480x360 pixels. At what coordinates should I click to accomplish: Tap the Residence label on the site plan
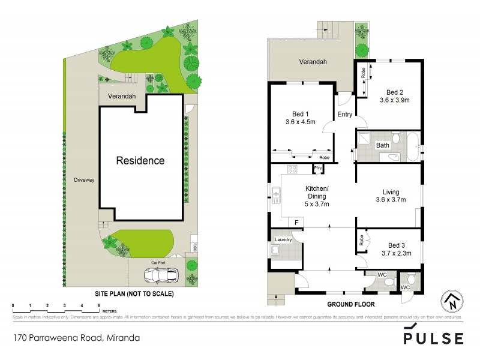tap(140, 161)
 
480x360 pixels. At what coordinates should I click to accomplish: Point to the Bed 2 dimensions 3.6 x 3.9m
tap(394, 100)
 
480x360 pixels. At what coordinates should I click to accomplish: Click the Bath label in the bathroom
tap(382, 145)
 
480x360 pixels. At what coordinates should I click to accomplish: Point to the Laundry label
tap(283, 240)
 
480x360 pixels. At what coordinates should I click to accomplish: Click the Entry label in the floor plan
tap(345, 114)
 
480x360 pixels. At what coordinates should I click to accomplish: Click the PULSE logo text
tap(433, 338)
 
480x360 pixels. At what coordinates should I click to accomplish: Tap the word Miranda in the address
tap(122, 338)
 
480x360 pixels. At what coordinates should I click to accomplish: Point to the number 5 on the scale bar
tap(98, 305)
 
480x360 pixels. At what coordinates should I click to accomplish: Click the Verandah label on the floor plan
tap(313, 62)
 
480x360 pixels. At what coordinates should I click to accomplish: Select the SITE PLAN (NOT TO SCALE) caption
tap(134, 295)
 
